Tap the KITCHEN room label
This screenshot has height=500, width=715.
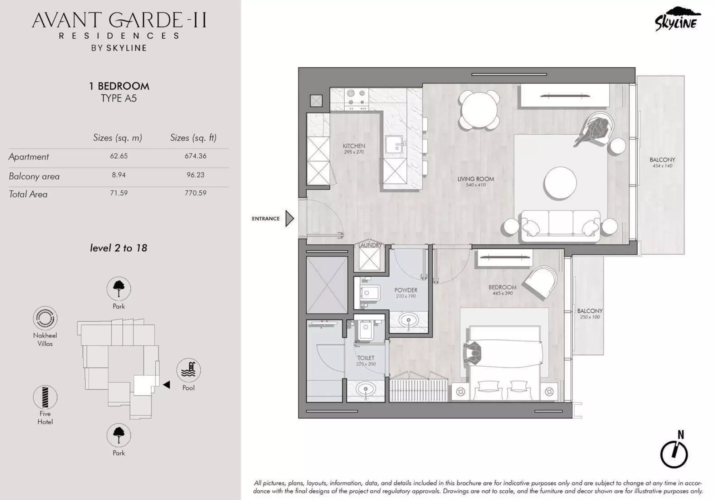pyautogui.click(x=354, y=146)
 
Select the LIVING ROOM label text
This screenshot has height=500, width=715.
pyautogui.click(x=475, y=179)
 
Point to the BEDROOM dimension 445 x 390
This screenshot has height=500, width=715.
pyautogui.click(x=502, y=293)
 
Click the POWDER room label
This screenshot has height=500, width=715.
pyautogui.click(x=405, y=290)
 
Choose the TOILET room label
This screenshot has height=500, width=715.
pyautogui.click(x=365, y=358)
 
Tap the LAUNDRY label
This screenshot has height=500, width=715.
pyautogui.click(x=370, y=245)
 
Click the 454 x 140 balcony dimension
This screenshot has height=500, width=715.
pyautogui.click(x=662, y=166)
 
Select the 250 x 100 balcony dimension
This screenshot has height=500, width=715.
pyautogui.click(x=589, y=317)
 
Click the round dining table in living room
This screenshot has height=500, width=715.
pyautogui.click(x=479, y=110)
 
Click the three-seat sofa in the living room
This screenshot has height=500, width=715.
pyautogui.click(x=560, y=225)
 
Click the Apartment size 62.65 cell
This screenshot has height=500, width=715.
pyautogui.click(x=118, y=156)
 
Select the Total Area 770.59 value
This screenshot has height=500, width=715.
pyautogui.click(x=195, y=193)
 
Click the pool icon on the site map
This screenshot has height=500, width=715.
pyautogui.click(x=188, y=370)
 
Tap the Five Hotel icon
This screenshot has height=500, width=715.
pyautogui.click(x=45, y=397)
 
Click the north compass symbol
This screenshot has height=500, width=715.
pyautogui.click(x=674, y=453)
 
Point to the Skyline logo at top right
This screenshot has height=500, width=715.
pyautogui.click(x=676, y=20)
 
